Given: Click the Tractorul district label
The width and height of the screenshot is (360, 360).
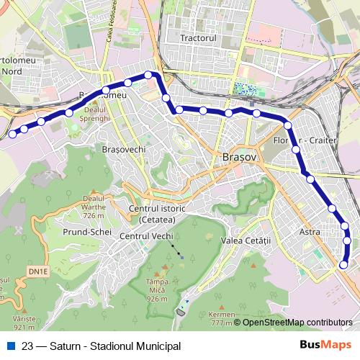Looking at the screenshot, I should coord(199,37).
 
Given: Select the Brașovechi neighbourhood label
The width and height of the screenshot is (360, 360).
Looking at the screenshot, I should coord(125,149).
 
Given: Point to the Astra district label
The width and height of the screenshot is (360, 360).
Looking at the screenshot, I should coord(309,232).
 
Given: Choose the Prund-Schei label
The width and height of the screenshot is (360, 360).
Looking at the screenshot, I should coord(87,233).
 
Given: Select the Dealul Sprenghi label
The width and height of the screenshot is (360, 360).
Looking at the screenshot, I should coord(94,113).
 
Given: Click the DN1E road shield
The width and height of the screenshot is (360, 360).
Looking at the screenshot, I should coord(40,271).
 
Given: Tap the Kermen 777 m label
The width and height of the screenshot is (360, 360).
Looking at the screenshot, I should coord(222,319).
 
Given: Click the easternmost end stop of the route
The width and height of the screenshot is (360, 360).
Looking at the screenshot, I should coord(343,265).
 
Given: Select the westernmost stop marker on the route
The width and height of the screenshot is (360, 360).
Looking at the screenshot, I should coord(12,134).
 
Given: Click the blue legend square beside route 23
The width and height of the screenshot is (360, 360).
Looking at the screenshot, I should coord(11,346).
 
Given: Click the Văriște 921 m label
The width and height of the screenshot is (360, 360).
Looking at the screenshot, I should coord(24,323).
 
